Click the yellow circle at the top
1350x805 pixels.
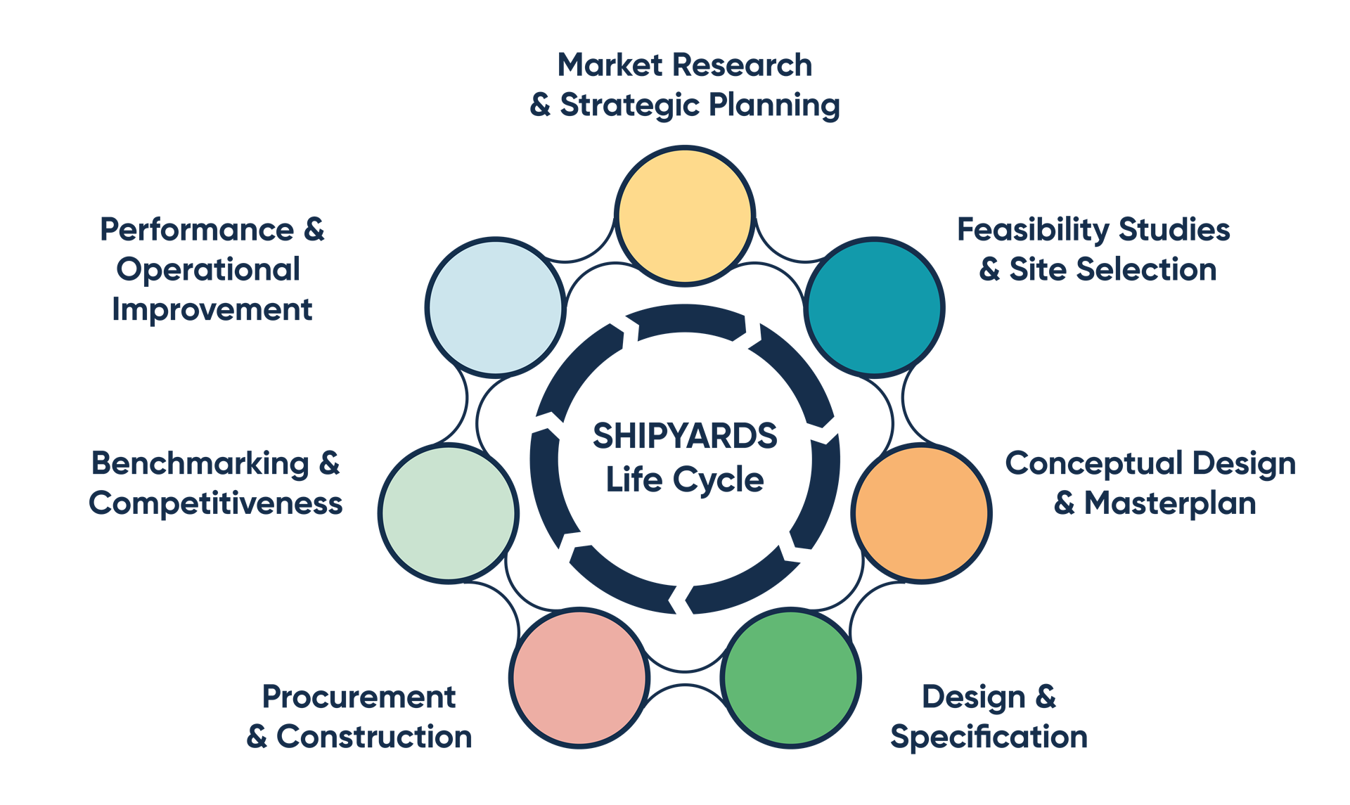(x=685, y=215)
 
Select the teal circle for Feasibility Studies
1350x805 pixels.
(x=873, y=307)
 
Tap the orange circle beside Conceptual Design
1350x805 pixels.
(x=921, y=513)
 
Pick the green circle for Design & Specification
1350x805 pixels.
(x=791, y=678)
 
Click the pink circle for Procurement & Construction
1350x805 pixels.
(x=579, y=678)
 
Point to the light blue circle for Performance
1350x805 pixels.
(x=496, y=307)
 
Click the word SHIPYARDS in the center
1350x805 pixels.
(x=685, y=436)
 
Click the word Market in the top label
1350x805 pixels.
(x=610, y=65)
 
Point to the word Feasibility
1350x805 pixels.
(x=1032, y=230)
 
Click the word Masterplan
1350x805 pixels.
(x=1170, y=503)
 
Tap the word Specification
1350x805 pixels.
(x=989, y=738)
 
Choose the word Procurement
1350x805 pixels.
(x=359, y=697)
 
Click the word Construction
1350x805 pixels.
(x=374, y=737)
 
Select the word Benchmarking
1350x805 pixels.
(x=201, y=464)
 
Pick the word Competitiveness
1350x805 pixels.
(x=216, y=504)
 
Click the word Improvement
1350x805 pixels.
(x=212, y=310)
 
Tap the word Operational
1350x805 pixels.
(x=209, y=270)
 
